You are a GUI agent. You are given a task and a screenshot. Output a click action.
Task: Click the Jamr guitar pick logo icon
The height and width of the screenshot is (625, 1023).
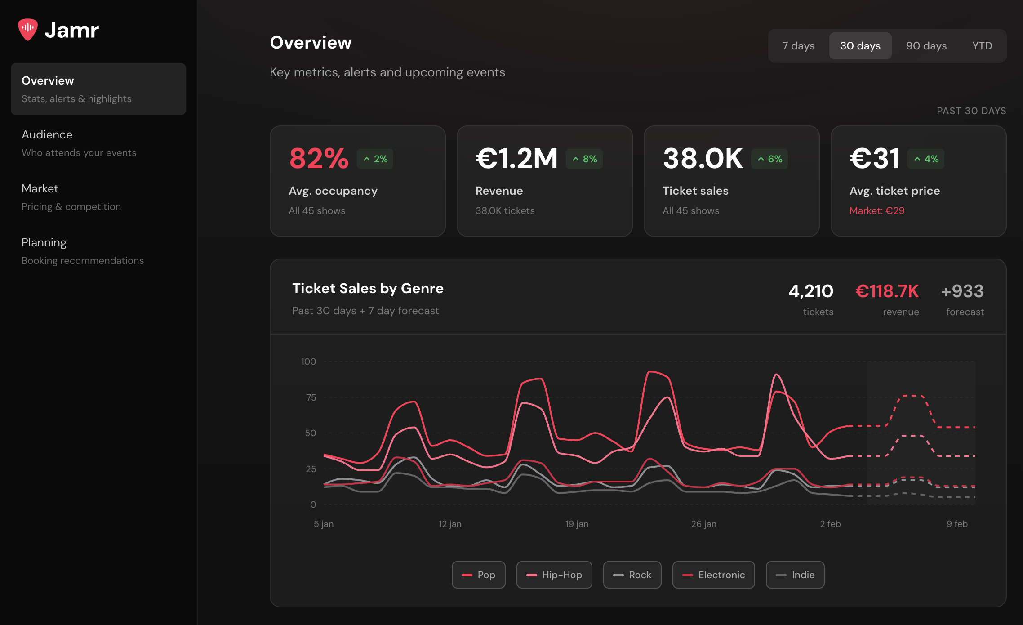click(x=28, y=29)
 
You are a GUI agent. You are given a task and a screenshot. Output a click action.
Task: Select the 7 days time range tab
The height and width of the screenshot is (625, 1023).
click(x=798, y=46)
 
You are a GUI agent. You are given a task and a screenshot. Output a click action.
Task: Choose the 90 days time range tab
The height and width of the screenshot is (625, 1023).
click(x=926, y=46)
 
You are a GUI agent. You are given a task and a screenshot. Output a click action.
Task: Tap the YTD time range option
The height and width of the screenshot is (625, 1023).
click(x=982, y=46)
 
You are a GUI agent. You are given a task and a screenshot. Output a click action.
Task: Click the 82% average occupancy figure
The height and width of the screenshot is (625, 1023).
click(x=319, y=158)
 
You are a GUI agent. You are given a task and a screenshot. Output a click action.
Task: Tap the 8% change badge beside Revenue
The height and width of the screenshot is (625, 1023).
click(x=584, y=159)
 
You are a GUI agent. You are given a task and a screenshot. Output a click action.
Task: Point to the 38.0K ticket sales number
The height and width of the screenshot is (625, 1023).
click(x=703, y=158)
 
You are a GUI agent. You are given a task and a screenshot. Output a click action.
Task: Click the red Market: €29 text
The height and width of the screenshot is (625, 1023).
click(x=877, y=210)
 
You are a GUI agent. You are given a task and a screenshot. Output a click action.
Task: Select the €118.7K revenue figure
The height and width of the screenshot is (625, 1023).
click(x=887, y=291)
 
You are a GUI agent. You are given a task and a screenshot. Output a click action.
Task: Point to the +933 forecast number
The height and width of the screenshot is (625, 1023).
click(x=962, y=291)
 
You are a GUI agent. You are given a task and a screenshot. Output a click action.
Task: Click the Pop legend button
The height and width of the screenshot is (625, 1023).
click(x=478, y=575)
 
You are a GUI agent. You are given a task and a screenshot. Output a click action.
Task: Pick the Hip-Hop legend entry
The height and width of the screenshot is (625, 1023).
click(x=554, y=575)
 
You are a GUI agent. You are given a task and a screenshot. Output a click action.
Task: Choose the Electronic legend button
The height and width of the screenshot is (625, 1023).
click(x=713, y=575)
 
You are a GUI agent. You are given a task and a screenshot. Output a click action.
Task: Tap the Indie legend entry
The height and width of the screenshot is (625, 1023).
click(x=795, y=575)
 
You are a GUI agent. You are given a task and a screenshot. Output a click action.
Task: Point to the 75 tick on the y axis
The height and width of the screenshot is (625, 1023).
click(x=311, y=397)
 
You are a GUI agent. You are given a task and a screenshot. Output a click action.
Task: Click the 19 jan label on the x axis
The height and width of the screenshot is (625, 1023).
click(x=577, y=524)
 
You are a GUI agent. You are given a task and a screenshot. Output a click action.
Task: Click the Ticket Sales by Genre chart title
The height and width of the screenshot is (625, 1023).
click(x=368, y=288)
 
